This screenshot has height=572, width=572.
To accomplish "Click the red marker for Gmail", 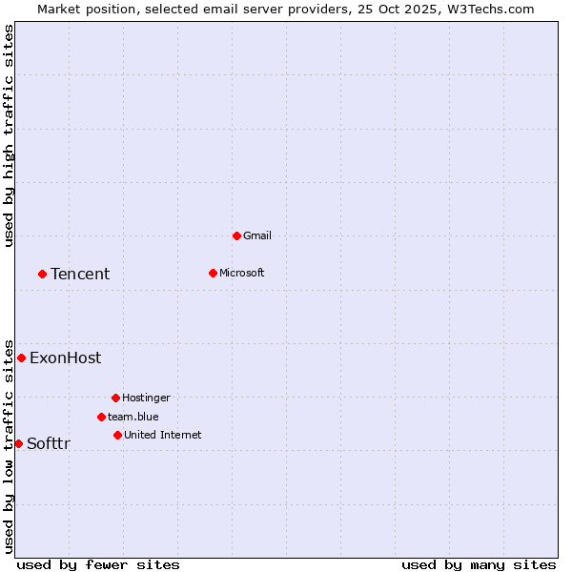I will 236,235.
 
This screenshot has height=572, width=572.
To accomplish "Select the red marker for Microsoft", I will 213,273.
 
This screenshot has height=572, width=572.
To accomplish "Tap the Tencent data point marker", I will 42,274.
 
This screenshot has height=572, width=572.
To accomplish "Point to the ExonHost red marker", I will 21,357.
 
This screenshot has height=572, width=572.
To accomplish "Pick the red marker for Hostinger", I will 115,398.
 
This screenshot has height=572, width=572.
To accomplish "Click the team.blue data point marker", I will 101,417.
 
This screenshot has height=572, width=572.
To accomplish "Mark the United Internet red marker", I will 117,435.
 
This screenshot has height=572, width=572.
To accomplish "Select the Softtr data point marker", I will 18,443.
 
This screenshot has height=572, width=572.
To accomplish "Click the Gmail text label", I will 257,235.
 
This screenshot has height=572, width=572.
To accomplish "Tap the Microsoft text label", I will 241,273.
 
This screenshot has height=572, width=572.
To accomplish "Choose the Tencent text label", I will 80,274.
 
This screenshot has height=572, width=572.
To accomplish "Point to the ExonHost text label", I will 65,358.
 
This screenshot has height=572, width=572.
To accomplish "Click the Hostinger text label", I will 146,398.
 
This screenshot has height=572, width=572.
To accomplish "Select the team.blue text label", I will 133,417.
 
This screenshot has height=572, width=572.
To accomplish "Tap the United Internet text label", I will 162,435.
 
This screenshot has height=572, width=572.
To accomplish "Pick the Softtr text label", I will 48,443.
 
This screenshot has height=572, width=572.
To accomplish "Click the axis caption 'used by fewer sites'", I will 98,565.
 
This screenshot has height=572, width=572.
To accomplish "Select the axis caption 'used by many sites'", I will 479,565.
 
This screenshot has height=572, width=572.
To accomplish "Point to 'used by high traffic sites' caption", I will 9,135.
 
